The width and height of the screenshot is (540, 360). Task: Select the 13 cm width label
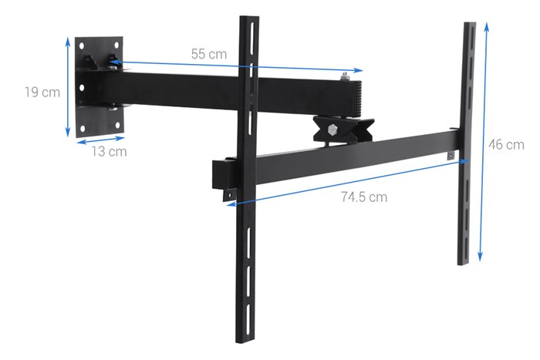[x=108, y=152]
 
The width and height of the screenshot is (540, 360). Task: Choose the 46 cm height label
[x=506, y=144]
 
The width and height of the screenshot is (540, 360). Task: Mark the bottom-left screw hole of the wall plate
[x=83, y=123]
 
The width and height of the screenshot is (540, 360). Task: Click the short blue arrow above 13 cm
[x=100, y=141]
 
